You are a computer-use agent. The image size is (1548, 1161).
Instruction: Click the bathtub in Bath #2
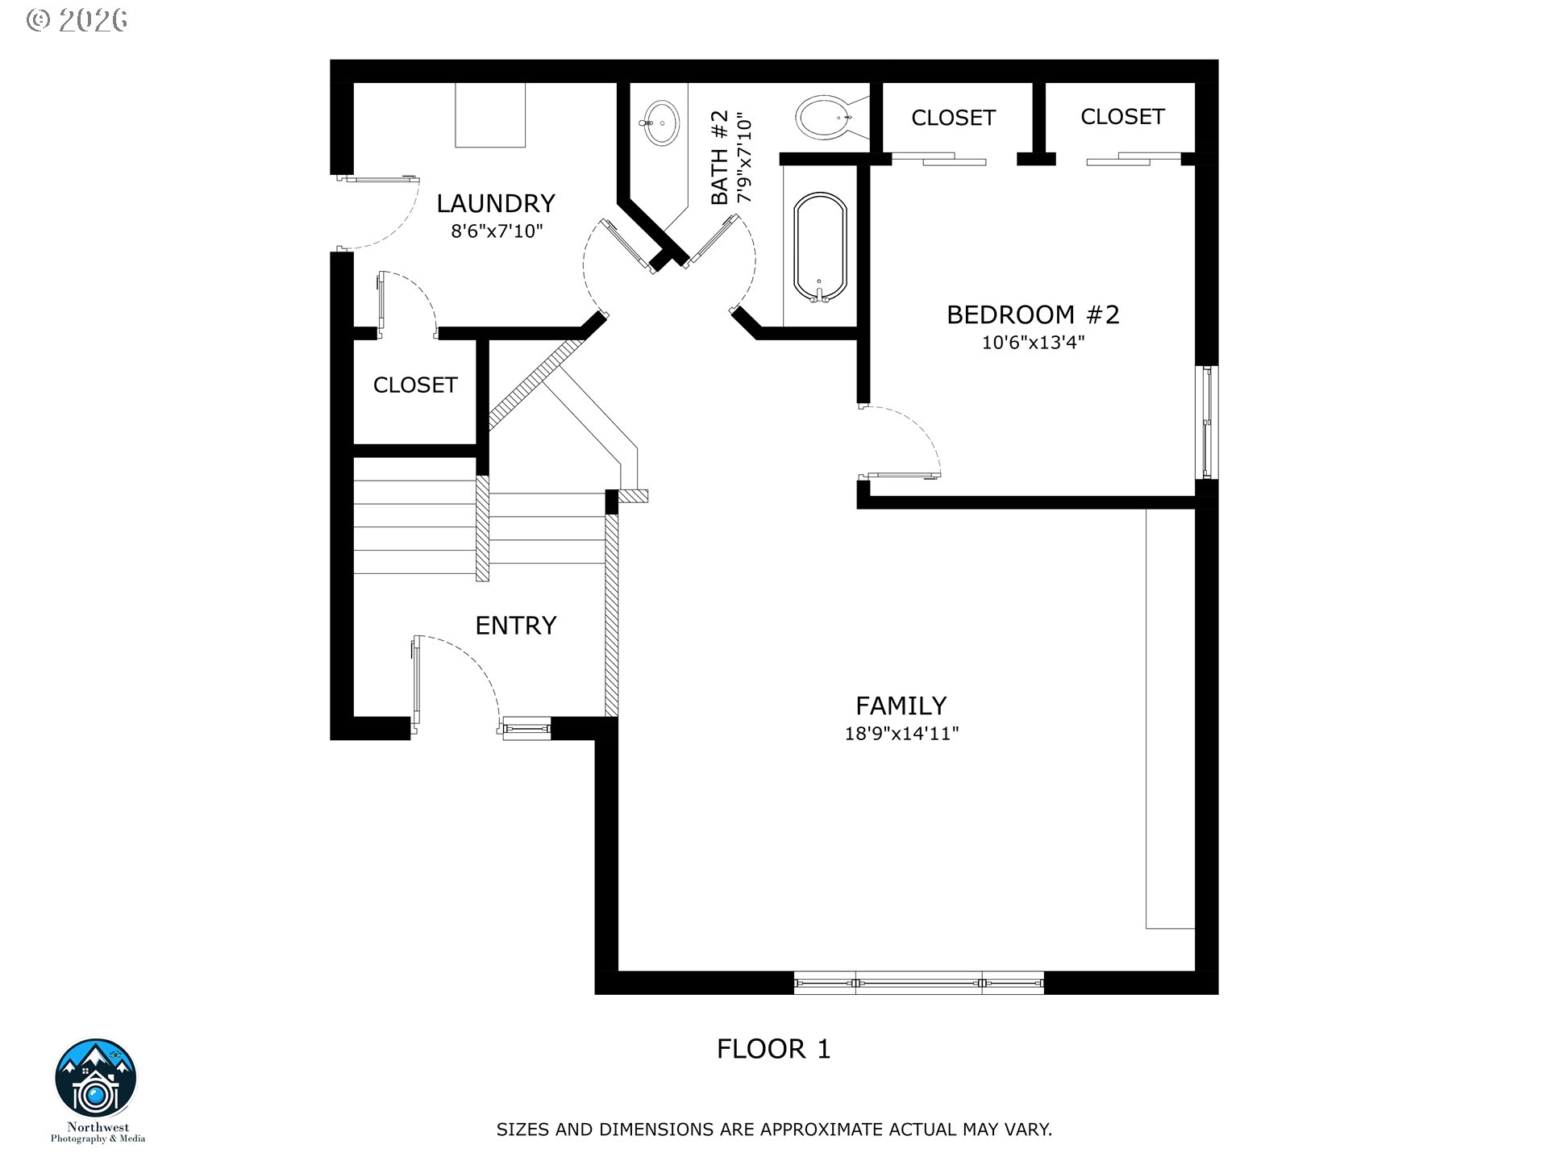point(820,248)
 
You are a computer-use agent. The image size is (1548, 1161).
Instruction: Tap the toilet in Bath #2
point(829,118)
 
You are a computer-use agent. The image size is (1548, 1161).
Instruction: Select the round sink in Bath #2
point(661,123)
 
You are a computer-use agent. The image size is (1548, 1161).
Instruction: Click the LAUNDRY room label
point(496,203)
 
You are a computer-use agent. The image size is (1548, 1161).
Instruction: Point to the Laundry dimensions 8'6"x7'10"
point(497,231)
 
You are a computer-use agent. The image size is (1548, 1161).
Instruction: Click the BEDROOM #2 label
point(1033,314)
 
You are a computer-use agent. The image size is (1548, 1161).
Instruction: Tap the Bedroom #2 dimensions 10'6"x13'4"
point(1033,343)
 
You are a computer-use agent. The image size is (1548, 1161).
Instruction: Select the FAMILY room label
point(901,705)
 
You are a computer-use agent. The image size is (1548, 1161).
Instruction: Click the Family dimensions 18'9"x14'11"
point(901,734)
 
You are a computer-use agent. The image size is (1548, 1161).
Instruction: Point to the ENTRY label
point(516,626)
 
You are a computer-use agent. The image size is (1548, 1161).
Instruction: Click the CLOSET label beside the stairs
point(415,385)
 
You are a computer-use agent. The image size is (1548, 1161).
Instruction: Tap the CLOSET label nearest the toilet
point(953,118)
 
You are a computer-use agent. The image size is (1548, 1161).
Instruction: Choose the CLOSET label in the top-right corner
point(1122,117)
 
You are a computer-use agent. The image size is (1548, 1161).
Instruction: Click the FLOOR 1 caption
point(773,1049)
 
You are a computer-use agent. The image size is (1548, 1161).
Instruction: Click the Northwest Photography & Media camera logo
point(96,1079)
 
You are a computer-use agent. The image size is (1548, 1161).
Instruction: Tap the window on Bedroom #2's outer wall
point(1207,422)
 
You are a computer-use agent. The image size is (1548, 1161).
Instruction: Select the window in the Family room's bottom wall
point(919,983)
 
